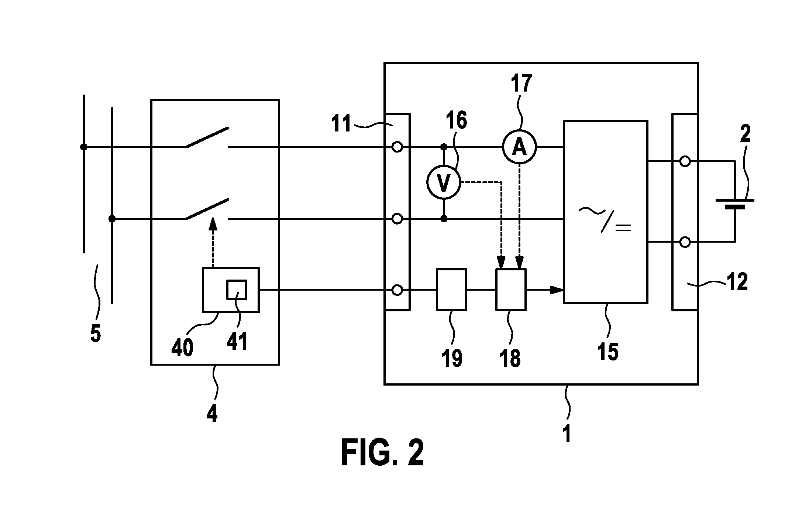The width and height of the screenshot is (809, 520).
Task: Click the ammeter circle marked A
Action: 519,147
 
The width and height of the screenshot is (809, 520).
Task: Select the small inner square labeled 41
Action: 237,290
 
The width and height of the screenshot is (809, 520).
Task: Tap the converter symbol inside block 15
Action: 605,219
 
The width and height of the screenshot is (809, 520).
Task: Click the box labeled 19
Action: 451,289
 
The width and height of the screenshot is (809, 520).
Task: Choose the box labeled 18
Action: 511,289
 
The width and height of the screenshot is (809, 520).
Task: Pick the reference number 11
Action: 342,124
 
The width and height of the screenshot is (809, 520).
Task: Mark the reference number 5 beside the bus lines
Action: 96,333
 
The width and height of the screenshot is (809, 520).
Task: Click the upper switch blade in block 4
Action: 207,137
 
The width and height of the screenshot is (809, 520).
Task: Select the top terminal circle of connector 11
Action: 397,147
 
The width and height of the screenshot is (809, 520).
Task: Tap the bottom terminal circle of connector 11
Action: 397,290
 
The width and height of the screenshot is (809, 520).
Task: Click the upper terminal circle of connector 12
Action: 685,161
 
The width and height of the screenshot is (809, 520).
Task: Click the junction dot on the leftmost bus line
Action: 84,147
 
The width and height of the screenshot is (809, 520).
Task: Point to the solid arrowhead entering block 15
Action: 557,290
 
